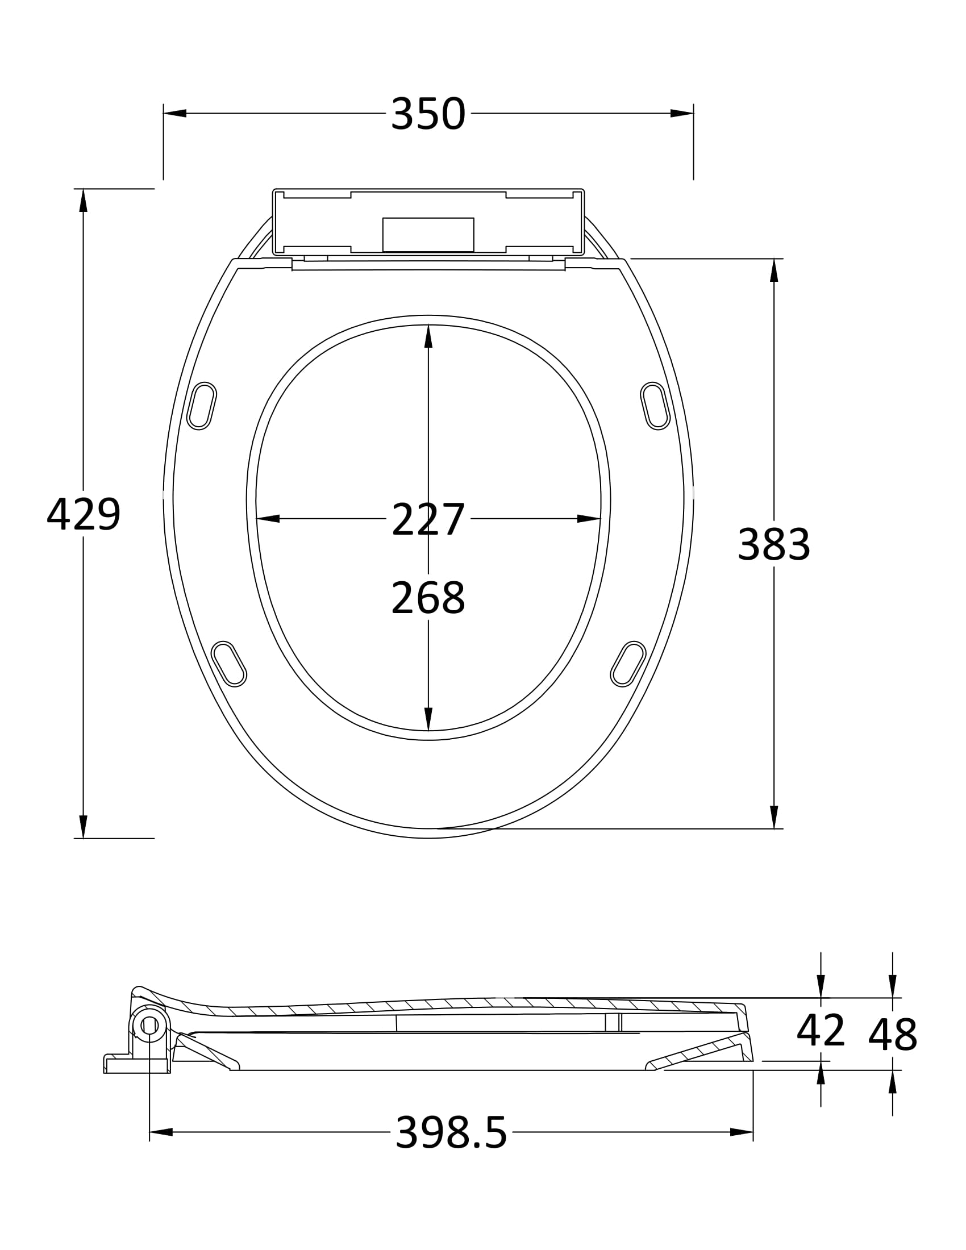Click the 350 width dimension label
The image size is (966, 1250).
coord(428,114)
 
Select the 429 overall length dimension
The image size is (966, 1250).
coord(84,514)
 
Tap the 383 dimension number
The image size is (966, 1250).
coord(774,544)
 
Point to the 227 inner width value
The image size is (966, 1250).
coord(428,519)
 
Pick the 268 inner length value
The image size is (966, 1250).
coord(428,598)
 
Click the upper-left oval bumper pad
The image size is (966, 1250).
coord(202,406)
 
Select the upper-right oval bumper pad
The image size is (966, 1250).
coord(655,406)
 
